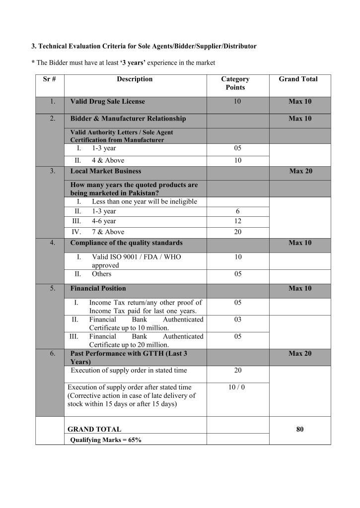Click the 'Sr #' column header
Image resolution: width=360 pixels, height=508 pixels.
(50, 79)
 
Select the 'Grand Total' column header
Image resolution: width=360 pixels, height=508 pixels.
(298, 79)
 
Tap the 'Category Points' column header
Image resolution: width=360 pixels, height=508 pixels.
(235, 83)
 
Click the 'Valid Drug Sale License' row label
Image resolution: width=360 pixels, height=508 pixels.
(108, 101)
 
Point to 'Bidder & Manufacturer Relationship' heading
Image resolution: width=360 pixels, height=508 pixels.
(128, 119)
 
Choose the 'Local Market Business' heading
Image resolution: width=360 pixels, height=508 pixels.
(106, 171)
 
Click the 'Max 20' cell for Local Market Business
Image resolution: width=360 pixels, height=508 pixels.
(300, 171)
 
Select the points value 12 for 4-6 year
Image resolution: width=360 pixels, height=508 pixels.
(237, 221)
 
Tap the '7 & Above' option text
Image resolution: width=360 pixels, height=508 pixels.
(108, 232)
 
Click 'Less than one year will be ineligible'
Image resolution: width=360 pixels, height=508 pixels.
(144, 201)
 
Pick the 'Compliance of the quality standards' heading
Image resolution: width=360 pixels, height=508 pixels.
(126, 243)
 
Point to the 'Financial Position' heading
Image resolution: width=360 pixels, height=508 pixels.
(98, 288)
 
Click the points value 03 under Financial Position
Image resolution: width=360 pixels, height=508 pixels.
(237, 320)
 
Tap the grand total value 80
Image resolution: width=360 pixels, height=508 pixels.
(299, 429)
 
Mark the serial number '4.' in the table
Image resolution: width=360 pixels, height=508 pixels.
(52, 243)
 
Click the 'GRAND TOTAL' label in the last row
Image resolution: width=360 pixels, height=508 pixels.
(94, 429)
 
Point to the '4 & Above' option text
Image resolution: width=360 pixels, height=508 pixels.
(108, 160)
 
